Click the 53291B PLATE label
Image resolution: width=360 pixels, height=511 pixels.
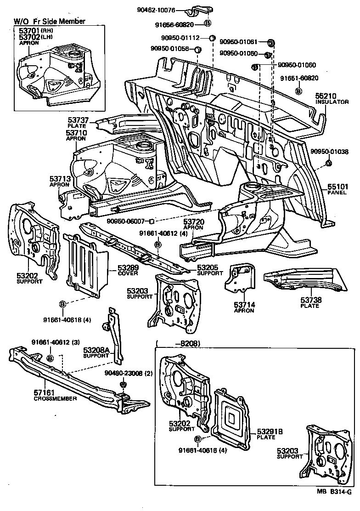click(270, 434)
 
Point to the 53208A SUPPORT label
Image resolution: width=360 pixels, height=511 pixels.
click(96, 352)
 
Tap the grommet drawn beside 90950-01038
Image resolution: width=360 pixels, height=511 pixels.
click(328, 164)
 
